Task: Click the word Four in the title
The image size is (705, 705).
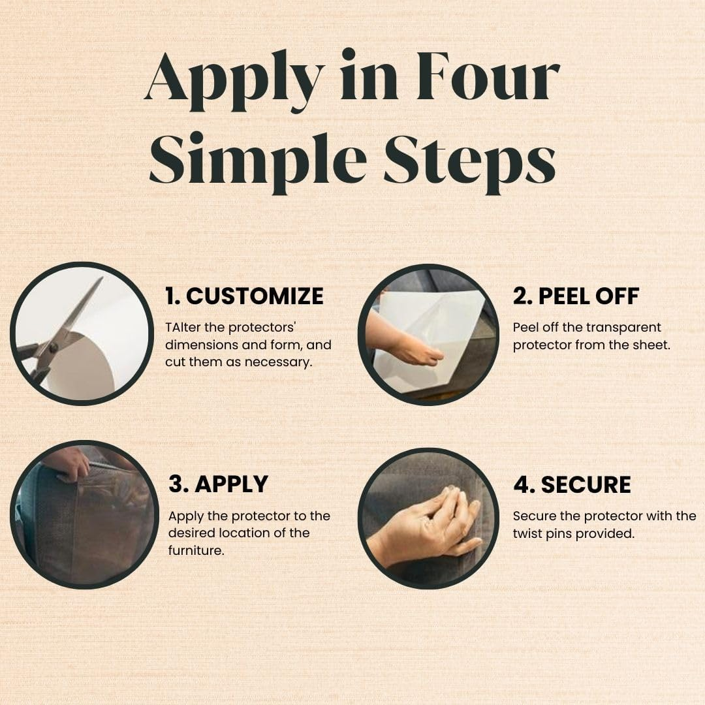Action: (x=488, y=76)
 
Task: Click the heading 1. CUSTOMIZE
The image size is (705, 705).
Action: (x=244, y=296)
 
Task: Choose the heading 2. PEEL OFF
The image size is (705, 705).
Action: (x=576, y=296)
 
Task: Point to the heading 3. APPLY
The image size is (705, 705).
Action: (x=218, y=484)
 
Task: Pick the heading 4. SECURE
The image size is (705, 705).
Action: (x=572, y=484)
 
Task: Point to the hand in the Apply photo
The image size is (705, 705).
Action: (x=67, y=462)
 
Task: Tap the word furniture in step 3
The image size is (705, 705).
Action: (x=196, y=550)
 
